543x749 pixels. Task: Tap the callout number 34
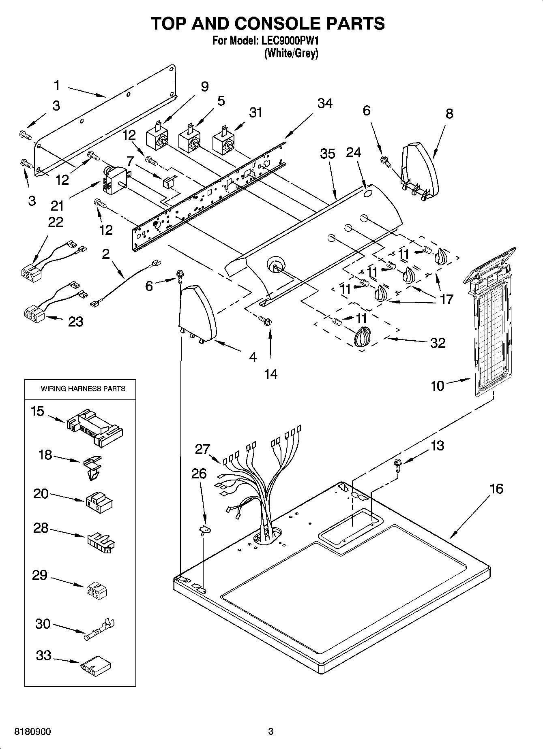325,104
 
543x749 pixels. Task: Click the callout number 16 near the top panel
496,489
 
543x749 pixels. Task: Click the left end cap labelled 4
197,312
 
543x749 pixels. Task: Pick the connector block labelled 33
96,666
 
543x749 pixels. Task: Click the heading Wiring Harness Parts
83,388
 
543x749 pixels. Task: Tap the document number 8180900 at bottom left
33,732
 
